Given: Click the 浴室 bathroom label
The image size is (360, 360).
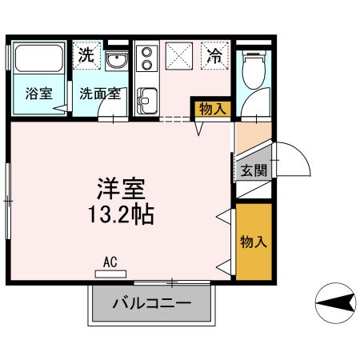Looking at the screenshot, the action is [39, 94].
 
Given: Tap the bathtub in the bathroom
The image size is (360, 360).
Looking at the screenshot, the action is [39, 58].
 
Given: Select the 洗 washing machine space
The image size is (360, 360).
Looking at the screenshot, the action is [86, 55].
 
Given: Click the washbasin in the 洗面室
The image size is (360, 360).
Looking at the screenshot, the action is [116, 61].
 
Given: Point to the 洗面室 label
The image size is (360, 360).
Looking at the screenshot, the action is [100, 94].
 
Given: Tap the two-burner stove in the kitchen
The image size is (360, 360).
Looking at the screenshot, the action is [146, 58].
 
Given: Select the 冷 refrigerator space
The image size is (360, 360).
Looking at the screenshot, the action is [214, 55].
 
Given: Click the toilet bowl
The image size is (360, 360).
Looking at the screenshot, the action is [254, 70].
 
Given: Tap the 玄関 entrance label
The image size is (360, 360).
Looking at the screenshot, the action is [254, 170].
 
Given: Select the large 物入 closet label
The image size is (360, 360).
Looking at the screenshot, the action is [254, 242].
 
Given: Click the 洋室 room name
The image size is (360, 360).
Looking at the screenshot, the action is [121, 189].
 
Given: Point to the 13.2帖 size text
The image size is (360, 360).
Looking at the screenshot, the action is [121, 214].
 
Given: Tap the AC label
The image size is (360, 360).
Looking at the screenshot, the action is [110, 262].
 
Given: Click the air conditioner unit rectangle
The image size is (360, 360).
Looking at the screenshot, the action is [110, 274].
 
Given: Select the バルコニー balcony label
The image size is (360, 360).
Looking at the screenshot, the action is [152, 303].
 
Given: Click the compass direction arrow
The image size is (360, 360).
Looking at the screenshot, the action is [336, 302].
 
